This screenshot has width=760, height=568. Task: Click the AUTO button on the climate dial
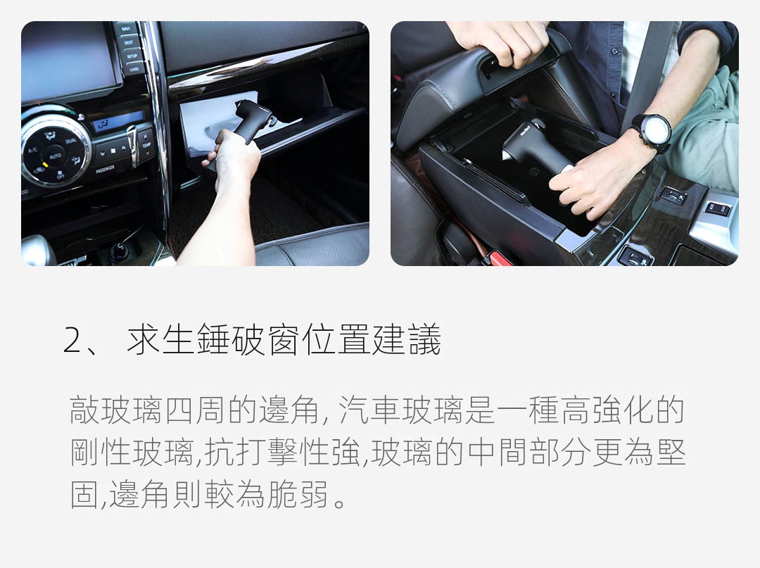tap(55, 156)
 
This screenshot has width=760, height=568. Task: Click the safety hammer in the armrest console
tap(531, 146)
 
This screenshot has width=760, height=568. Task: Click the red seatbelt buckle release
tap(498, 258)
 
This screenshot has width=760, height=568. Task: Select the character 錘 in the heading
tap(213, 339)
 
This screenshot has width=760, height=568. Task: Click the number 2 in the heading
tap(72, 340)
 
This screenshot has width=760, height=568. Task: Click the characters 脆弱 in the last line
tap(297, 494)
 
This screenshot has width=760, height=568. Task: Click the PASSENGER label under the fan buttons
tap(105, 170)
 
